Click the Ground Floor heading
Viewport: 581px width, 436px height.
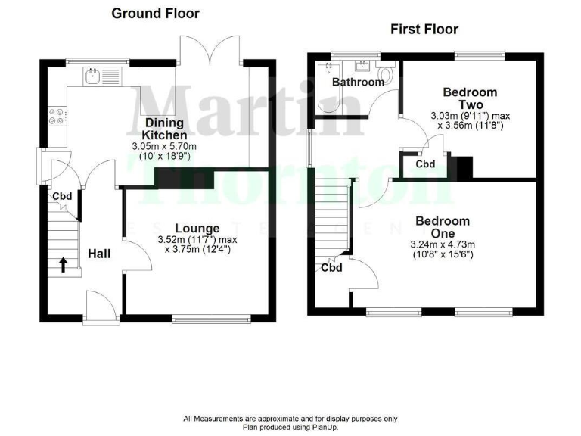[156, 13]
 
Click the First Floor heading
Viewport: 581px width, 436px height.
[424, 30]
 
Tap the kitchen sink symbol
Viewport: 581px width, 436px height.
[94, 74]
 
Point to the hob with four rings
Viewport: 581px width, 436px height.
[56, 118]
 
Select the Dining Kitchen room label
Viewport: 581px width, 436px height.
[166, 129]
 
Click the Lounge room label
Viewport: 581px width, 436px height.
[197, 228]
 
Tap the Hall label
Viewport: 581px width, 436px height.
[99, 254]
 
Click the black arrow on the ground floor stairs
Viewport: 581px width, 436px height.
[63, 264]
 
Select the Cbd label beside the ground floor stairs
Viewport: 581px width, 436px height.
[62, 198]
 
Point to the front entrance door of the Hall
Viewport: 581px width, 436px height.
[101, 309]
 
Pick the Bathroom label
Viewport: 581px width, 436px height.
[359, 82]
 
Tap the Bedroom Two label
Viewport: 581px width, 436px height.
[464, 98]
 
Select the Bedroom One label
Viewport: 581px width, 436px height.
[441, 227]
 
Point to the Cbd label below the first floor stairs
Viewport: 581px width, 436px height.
[331, 267]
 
